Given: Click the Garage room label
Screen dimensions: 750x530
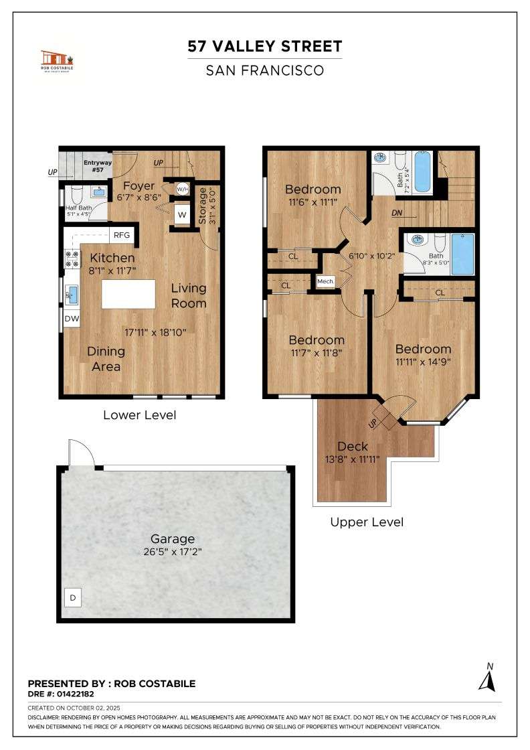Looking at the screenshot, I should pyautogui.click(x=173, y=538).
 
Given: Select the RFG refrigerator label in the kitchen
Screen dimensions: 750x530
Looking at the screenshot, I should pyautogui.click(x=121, y=235).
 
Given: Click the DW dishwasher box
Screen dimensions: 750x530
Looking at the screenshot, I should pyautogui.click(x=72, y=319).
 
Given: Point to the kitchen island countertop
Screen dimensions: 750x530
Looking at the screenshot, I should pyautogui.click(x=128, y=294).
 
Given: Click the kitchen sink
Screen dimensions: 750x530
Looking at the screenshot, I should pyautogui.click(x=72, y=292).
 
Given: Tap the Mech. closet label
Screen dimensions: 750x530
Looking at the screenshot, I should pyautogui.click(x=325, y=281).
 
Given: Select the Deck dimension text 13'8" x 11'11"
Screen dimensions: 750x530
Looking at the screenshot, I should pyautogui.click(x=352, y=459).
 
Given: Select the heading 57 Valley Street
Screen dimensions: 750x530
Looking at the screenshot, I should pyautogui.click(x=265, y=46).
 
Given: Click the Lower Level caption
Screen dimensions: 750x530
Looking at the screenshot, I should pyautogui.click(x=140, y=415).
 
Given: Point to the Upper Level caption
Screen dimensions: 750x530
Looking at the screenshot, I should pyautogui.click(x=367, y=522).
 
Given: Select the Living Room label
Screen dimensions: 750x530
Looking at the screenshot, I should pyautogui.click(x=188, y=295).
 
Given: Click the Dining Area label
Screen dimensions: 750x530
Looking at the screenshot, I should pyautogui.click(x=106, y=358).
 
